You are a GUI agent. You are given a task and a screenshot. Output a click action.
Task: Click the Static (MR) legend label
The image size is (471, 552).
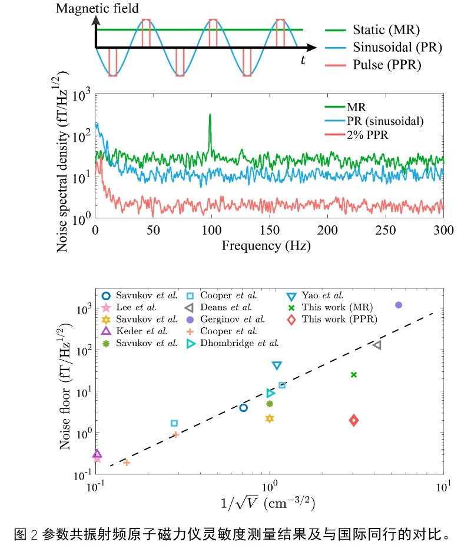point(386,29)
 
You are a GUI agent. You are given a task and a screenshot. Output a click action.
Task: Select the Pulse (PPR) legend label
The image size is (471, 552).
point(387,65)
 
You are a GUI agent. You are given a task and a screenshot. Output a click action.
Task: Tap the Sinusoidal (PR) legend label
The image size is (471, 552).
point(396,47)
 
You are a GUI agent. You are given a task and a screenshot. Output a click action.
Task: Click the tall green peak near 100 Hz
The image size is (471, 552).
point(210,118)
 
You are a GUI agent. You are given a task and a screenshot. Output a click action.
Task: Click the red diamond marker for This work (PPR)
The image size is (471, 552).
point(354,420)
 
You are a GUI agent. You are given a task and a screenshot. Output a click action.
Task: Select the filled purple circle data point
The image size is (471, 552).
point(399,305)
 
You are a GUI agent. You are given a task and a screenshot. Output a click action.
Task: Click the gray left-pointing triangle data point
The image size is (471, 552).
point(377,345)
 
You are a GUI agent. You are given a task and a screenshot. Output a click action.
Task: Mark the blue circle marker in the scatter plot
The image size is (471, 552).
point(243,407)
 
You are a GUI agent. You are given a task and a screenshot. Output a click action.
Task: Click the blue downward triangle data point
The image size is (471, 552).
point(277,366)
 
